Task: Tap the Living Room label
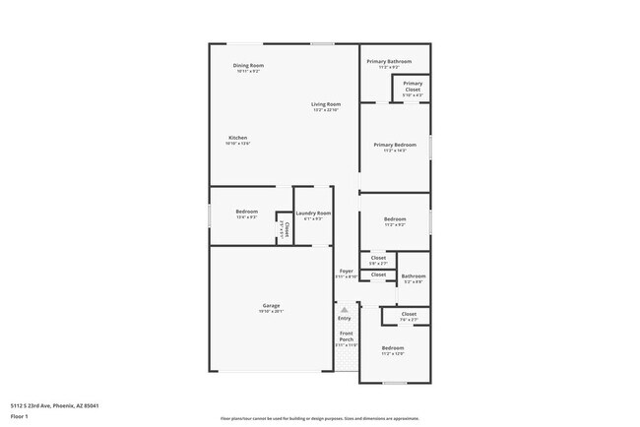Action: pos(326,104)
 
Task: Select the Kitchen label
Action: pos(238,138)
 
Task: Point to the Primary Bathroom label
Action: pos(389,62)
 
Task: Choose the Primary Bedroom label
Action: pos(394,145)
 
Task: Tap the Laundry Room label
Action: pos(312,213)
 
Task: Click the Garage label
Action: pos(271,306)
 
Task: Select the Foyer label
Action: pos(347,271)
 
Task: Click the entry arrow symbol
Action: pos(345,309)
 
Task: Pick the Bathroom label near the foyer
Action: pos(413,276)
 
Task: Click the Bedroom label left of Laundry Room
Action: pos(246,212)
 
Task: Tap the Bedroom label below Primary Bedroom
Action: pos(394,219)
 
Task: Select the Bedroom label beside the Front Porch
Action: pos(393,348)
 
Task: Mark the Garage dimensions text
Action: pos(271,312)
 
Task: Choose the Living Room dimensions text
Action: pos(326,110)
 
